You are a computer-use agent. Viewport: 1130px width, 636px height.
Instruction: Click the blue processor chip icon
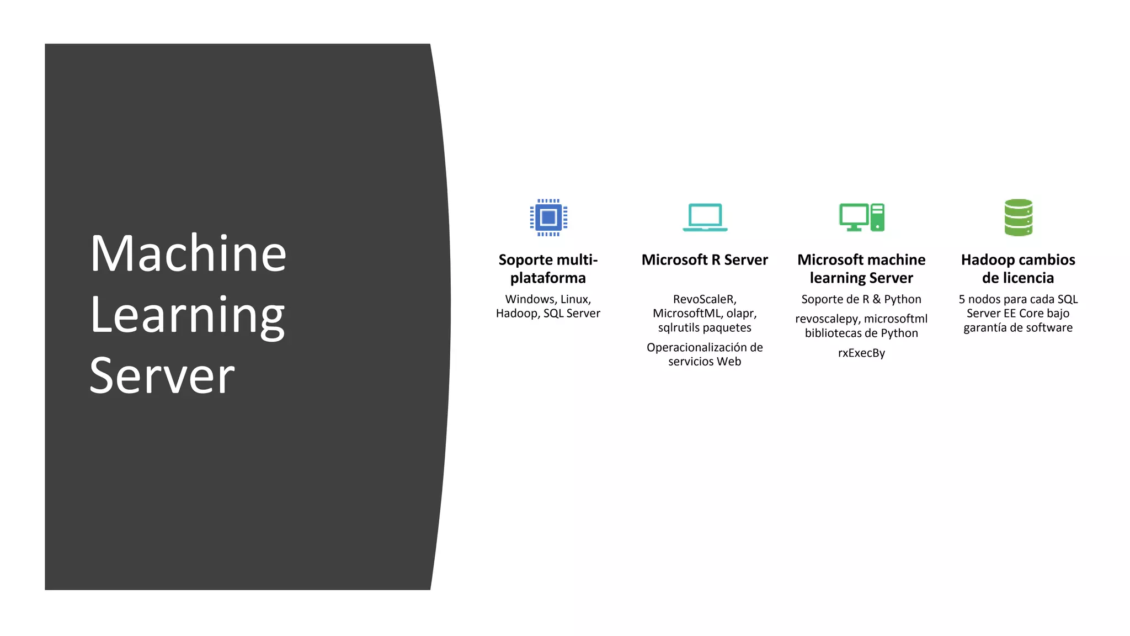click(x=548, y=218)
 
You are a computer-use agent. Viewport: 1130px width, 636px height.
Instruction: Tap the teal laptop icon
click(x=705, y=218)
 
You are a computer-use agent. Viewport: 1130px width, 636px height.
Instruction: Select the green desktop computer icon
click(x=861, y=218)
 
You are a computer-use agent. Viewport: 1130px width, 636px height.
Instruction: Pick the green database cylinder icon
click(x=1018, y=218)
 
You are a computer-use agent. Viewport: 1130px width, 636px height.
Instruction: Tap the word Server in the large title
click(x=162, y=377)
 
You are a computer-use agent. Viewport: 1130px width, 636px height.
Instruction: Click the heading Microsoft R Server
click(x=705, y=260)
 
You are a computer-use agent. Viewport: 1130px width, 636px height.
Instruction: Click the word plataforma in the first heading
click(x=548, y=278)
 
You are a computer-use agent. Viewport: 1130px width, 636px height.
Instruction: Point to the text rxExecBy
click(x=861, y=353)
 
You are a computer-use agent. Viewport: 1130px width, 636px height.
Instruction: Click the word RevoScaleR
click(x=704, y=299)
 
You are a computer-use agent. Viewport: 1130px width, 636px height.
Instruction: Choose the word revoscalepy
click(x=826, y=319)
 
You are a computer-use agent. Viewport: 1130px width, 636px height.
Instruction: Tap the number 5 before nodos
click(x=962, y=299)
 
